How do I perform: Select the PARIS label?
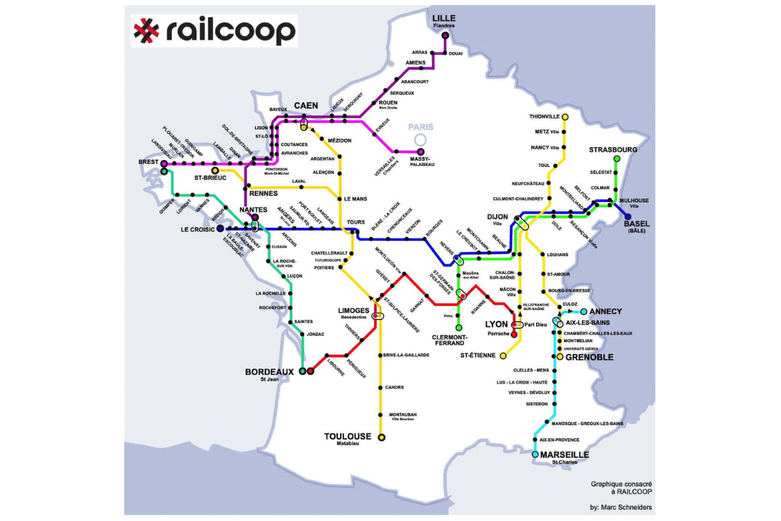(x=420, y=128)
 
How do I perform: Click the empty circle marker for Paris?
(x=420, y=139)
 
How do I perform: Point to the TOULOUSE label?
(x=348, y=436)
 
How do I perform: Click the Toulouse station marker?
(x=381, y=437)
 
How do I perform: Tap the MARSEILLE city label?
(x=564, y=455)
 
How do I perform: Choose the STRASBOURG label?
(x=613, y=150)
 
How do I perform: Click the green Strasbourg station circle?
(x=616, y=159)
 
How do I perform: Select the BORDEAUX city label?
(x=269, y=372)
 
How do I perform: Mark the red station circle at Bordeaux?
(x=310, y=371)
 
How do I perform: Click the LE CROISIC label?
(x=198, y=229)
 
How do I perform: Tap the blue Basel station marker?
(x=627, y=217)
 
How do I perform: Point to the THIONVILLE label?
(x=544, y=117)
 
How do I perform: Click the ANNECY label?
(x=605, y=311)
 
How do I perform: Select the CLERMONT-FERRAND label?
(x=448, y=339)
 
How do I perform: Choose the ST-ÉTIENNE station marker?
(x=502, y=356)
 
